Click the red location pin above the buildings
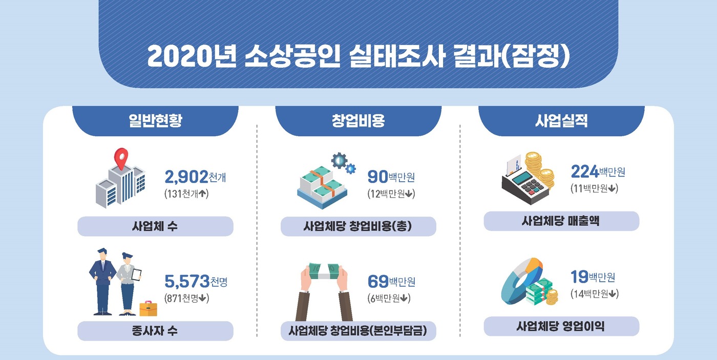pyautogui.click(x=121, y=158)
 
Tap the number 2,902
pyautogui.click(x=186, y=177)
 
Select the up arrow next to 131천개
pyautogui.click(x=203, y=193)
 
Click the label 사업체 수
pyautogui.click(x=155, y=226)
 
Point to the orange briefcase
pyautogui.click(x=148, y=308)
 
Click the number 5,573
pyautogui.click(x=187, y=282)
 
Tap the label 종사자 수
pyautogui.click(x=155, y=331)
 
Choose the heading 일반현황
pyautogui.click(x=155, y=121)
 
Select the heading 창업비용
pyautogui.click(x=358, y=121)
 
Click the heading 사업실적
pyautogui.click(x=561, y=121)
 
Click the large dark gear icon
pyautogui.click(x=339, y=161)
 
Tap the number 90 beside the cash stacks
pyautogui.click(x=378, y=177)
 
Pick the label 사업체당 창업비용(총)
pyautogui.click(x=358, y=226)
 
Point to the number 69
pyautogui.click(x=378, y=282)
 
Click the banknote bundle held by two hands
pyautogui.click(x=324, y=271)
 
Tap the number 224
pyautogui.click(x=585, y=172)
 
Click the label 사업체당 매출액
pyautogui.click(x=561, y=221)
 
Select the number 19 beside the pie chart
pyautogui.click(x=579, y=277)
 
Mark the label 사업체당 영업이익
pyautogui.click(x=561, y=326)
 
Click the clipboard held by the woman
pyautogui.click(x=136, y=275)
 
